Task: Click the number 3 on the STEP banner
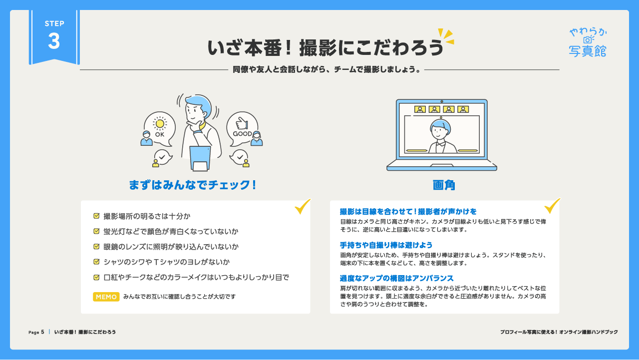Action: point(54,41)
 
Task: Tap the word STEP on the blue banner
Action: point(54,23)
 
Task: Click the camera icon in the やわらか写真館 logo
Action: point(588,39)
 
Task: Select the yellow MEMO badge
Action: point(106,297)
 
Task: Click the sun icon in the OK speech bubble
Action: point(160,123)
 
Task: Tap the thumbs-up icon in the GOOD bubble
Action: point(242,123)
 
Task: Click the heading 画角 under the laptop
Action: point(444,185)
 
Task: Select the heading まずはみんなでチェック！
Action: point(192,185)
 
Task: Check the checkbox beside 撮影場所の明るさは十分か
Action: point(96,216)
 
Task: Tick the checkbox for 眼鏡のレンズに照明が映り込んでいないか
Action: point(96,247)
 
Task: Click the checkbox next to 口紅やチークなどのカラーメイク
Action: point(96,277)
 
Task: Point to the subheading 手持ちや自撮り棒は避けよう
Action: point(386,245)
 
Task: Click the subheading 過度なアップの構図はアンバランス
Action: point(396,278)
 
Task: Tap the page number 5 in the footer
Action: point(42,332)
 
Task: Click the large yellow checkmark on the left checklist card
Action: point(303,207)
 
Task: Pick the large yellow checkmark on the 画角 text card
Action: point(552,206)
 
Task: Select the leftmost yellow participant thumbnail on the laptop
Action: point(420,109)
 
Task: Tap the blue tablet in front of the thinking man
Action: point(200,158)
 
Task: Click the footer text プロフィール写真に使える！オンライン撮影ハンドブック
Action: point(559,332)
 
